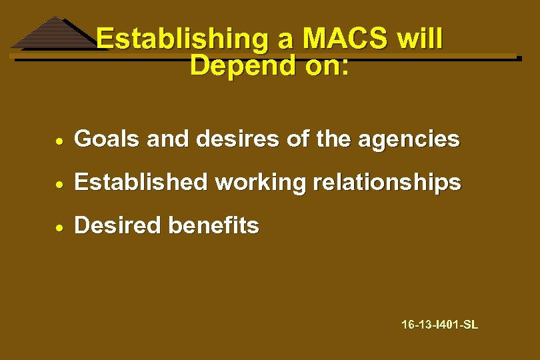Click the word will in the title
click(x=419, y=39)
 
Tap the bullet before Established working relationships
click(x=60, y=183)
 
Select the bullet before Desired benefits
click(x=60, y=227)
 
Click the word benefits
click(x=213, y=225)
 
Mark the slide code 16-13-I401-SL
click(x=439, y=325)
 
